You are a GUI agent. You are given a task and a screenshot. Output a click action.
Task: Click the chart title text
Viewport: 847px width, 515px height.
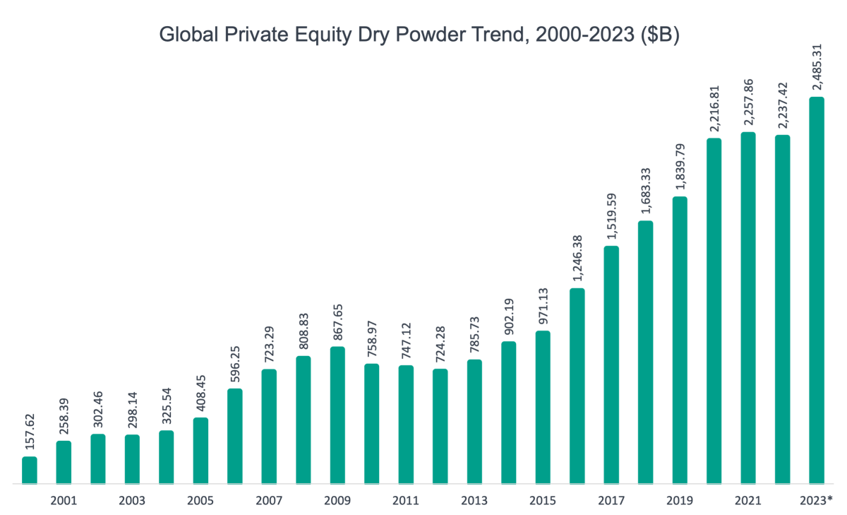click(x=419, y=35)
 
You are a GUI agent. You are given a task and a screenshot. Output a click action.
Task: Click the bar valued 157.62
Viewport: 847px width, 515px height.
click(x=30, y=470)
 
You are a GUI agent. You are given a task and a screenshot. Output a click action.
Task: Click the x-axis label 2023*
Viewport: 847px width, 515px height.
click(x=817, y=500)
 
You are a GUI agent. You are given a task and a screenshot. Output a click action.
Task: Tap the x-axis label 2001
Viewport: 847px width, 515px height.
click(x=64, y=500)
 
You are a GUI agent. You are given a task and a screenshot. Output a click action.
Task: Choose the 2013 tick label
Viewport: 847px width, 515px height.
click(x=474, y=500)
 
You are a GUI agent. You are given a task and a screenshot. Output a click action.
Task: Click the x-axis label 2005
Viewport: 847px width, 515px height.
click(x=200, y=500)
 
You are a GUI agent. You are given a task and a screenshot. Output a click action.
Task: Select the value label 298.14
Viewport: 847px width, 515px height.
click(x=132, y=407)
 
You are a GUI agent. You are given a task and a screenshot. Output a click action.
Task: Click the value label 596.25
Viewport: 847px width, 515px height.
click(x=234, y=360)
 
